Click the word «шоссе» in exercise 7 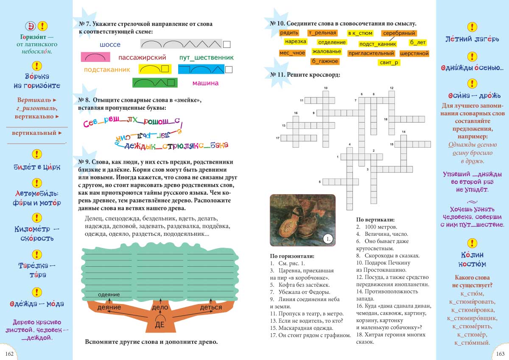110,45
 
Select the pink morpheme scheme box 95,57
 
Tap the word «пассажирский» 142,58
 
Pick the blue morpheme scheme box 201,70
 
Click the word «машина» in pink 205,83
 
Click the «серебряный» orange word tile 399,33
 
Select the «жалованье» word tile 326,52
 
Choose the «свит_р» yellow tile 389,63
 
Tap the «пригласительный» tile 371,53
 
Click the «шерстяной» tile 414,53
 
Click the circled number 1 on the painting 327,239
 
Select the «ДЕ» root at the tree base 159,325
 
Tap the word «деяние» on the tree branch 109,307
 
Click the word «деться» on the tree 211,307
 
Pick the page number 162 9,354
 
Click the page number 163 500,354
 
